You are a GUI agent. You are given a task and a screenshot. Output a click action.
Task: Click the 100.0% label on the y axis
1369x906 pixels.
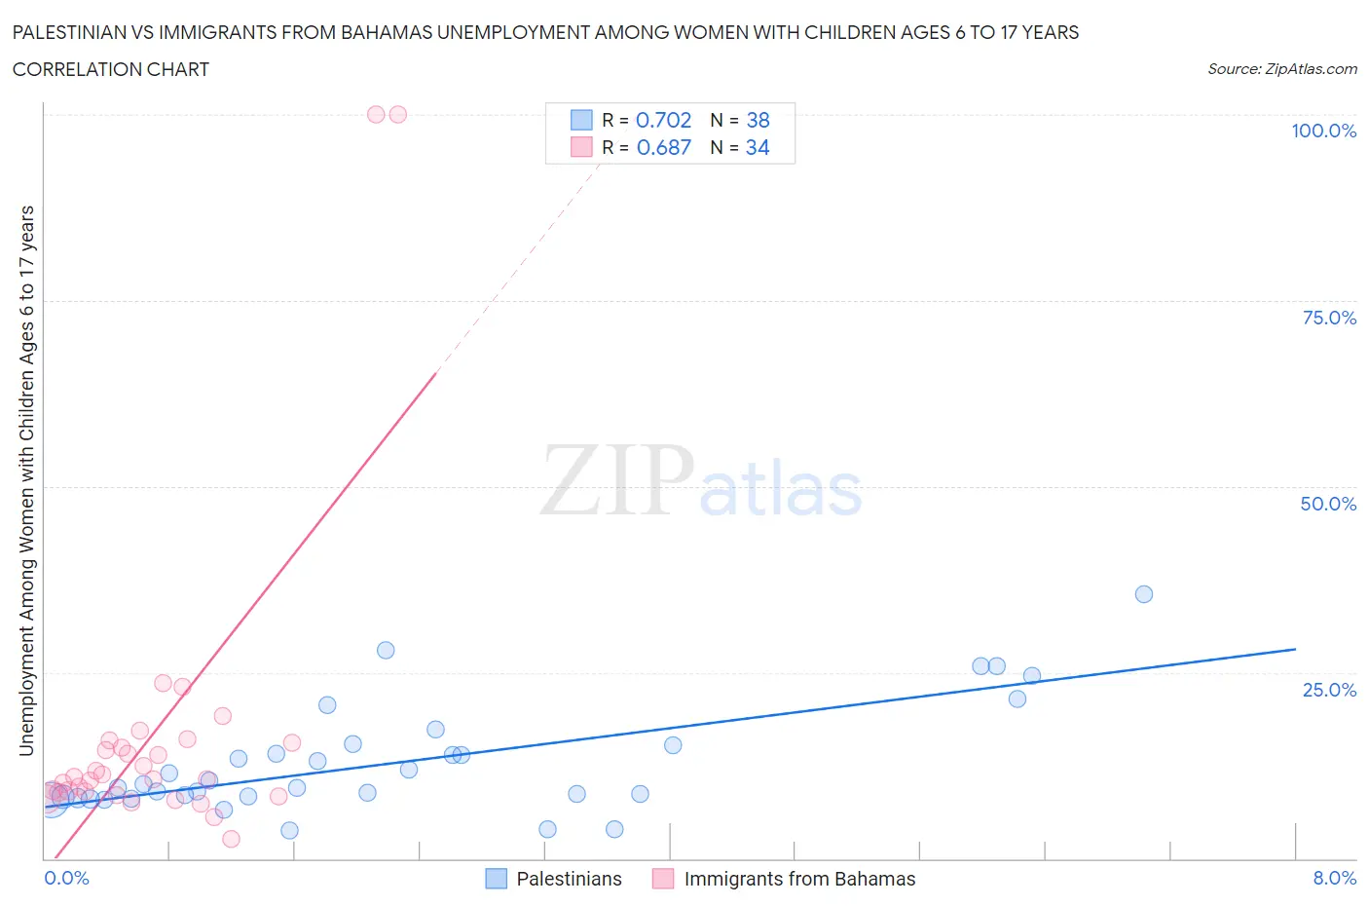click(1323, 131)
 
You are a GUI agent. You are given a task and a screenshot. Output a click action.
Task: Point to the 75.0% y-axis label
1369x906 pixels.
click(1329, 318)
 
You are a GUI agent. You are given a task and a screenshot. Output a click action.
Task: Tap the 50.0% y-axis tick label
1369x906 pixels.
click(1328, 504)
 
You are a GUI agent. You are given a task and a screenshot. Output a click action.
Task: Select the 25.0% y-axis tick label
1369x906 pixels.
click(1329, 690)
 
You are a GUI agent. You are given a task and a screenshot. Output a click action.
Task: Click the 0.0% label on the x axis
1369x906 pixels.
click(66, 878)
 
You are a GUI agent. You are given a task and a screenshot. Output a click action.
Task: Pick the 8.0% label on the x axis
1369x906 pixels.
click(1334, 878)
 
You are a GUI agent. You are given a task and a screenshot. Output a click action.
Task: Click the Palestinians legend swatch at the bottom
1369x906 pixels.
click(497, 879)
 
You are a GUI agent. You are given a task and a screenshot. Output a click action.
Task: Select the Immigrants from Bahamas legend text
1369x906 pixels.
click(799, 879)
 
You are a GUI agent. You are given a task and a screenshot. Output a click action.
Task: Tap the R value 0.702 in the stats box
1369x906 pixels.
click(663, 120)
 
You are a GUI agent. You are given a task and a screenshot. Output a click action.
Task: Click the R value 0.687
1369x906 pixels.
click(663, 147)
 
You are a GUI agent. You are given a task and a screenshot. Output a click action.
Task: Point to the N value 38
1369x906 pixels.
click(758, 120)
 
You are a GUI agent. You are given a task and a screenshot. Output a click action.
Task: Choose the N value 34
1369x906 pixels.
click(758, 147)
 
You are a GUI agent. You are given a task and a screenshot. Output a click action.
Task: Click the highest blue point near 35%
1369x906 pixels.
click(1144, 594)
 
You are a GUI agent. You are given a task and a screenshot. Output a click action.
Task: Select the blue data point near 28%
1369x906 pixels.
click(386, 650)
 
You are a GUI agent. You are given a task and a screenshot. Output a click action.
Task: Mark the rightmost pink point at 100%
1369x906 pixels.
click(397, 114)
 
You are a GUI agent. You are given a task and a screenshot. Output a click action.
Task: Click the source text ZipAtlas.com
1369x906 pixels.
click(1281, 68)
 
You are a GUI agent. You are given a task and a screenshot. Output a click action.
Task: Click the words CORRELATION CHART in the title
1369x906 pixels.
click(110, 69)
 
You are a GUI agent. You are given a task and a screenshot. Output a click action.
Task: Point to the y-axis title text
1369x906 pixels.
click(26, 480)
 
